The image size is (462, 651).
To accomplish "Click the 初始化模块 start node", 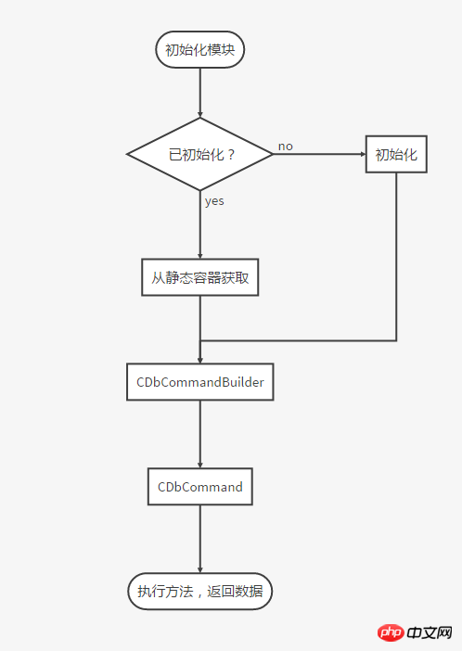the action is (199, 49).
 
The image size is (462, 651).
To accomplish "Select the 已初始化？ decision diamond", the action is (199, 154).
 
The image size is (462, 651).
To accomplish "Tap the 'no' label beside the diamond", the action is (286, 147).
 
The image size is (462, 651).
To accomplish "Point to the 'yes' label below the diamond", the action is (214, 201).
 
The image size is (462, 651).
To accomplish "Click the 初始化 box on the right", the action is (396, 154).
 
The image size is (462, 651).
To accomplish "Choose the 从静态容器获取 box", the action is (199, 277).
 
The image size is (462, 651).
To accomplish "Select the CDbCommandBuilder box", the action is (199, 382).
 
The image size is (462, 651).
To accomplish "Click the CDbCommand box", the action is (199, 487).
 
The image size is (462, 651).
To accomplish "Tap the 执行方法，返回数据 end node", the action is (199, 592).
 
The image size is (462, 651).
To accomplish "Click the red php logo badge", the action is (391, 632).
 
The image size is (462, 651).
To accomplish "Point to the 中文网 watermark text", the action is (430, 632).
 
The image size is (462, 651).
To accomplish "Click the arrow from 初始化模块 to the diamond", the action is (199, 93).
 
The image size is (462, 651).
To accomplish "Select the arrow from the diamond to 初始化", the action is (319, 154).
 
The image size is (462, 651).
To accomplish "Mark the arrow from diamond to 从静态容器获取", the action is (199, 224).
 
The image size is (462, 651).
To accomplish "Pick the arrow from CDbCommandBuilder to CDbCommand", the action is (199, 434).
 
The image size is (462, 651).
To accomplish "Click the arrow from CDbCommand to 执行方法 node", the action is (199, 539).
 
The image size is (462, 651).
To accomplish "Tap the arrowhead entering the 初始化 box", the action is (364, 154).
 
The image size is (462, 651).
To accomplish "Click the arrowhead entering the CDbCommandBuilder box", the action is (199, 361).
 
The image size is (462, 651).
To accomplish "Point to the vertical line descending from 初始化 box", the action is (396, 257).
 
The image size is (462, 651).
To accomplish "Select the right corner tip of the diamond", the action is (274, 154).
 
